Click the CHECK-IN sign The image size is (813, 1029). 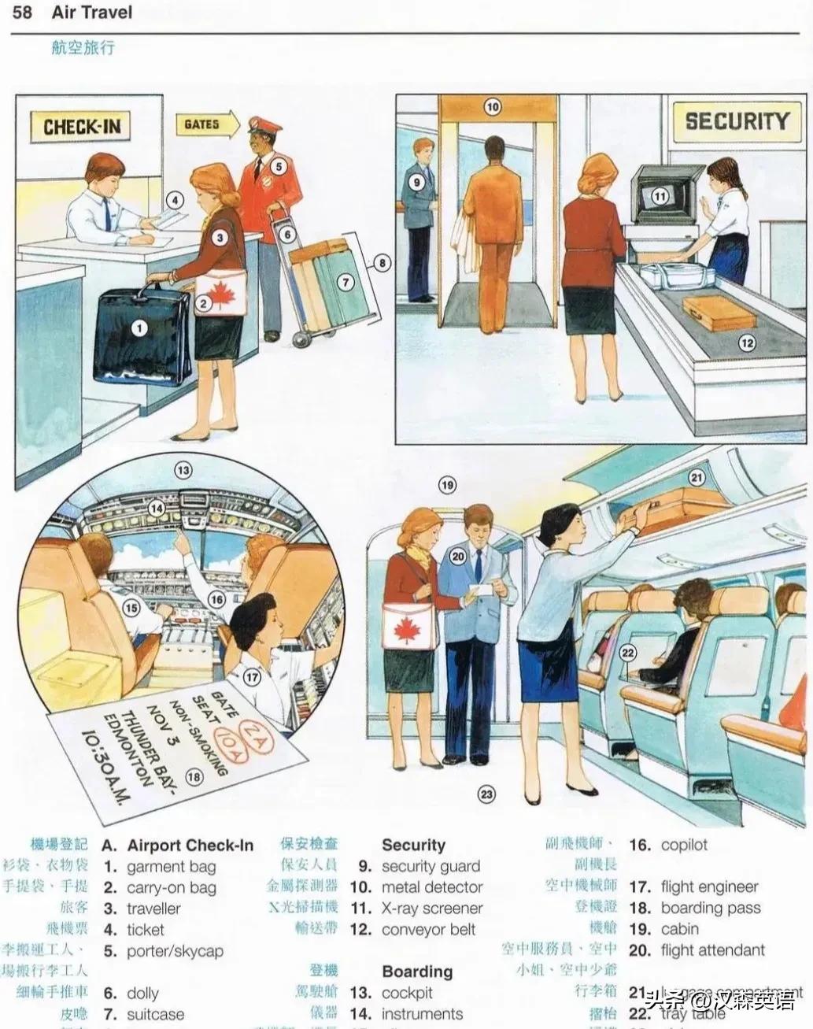coord(82,127)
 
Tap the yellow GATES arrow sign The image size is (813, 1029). coord(209,124)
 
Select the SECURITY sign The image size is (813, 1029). coord(736,120)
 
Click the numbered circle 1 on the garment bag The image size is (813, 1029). coord(139,328)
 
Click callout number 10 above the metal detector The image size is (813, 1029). coord(492,107)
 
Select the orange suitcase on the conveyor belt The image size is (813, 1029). coord(718,313)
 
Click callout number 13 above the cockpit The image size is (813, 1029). coord(183,471)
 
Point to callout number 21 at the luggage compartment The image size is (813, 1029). coord(697,477)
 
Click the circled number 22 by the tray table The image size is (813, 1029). coord(627,652)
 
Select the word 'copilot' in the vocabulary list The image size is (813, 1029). coord(683,845)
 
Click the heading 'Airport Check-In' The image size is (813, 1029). coord(190,846)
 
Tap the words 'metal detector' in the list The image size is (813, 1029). coord(431,887)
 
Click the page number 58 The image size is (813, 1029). coord(22,13)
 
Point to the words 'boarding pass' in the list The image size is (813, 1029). coord(710,908)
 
